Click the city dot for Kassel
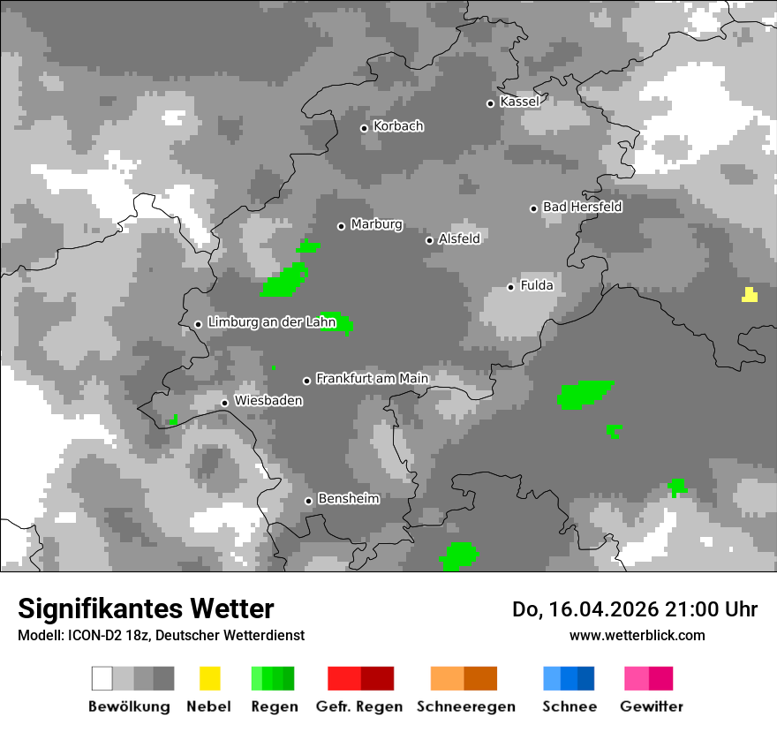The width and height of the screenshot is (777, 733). click(490, 103)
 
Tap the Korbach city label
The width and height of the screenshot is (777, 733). click(398, 126)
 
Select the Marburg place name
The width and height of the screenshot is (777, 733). click(376, 224)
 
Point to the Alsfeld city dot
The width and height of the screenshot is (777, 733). click(429, 240)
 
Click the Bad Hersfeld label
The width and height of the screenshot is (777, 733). click(582, 207)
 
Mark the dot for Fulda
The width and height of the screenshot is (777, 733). click(510, 287)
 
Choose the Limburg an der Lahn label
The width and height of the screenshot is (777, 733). click(272, 322)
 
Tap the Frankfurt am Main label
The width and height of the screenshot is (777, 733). click(372, 379)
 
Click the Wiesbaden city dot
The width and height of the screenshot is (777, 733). click(224, 403)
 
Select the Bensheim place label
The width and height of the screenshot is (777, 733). click(348, 499)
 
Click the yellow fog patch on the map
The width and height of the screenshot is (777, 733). click(750, 295)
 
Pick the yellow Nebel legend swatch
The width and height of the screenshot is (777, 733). click(209, 678)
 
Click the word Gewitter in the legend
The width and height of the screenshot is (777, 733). click(652, 707)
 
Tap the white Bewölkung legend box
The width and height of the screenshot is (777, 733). click(102, 678)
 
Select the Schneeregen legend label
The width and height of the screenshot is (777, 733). click(465, 707)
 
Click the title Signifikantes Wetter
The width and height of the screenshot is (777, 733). click(146, 608)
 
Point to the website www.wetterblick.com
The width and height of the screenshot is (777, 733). click(637, 635)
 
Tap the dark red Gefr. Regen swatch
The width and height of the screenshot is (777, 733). click(377, 678)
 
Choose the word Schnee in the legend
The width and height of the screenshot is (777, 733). click(570, 707)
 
